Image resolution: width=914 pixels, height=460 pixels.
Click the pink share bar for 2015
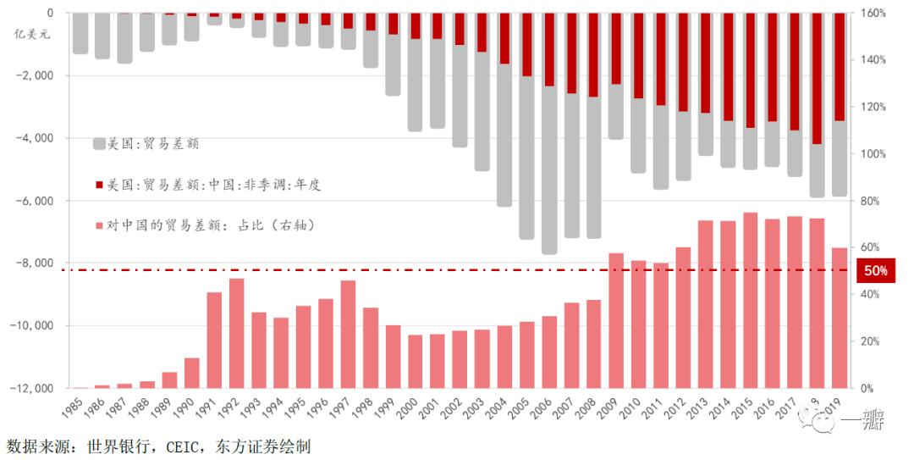(x=750, y=300)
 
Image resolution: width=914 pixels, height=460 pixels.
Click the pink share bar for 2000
(x=416, y=361)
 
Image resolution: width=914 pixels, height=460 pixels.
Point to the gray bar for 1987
(x=125, y=38)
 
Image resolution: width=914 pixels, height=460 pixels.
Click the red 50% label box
(x=876, y=271)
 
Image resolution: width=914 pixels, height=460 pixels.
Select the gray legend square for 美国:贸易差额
(x=99, y=144)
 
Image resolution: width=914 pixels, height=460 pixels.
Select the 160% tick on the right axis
(x=874, y=14)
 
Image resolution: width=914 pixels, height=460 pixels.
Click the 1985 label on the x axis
(x=74, y=412)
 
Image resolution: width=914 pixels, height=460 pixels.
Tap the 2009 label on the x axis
(x=609, y=412)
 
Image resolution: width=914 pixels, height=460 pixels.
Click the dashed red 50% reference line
(x=339, y=270)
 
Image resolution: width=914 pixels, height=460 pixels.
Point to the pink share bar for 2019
(x=839, y=318)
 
